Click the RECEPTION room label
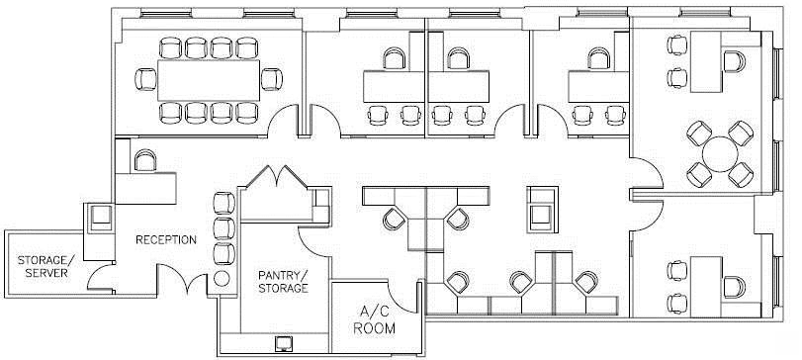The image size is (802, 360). (x=166, y=239)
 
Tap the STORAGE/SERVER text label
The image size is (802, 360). (x=46, y=266)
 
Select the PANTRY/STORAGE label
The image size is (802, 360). (x=283, y=282)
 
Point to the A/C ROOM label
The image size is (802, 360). (x=374, y=319)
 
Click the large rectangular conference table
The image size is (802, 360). (x=209, y=80)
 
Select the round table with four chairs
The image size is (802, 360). (x=720, y=154)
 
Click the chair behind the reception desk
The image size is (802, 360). (x=145, y=160)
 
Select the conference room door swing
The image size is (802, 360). (x=283, y=121)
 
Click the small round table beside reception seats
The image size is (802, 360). (x=222, y=279)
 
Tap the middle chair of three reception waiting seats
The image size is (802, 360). (x=224, y=228)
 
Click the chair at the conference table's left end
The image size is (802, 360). (x=145, y=80)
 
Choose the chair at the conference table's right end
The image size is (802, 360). (x=272, y=80)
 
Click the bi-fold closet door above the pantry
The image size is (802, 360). (x=276, y=175)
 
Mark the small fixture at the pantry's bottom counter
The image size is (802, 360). (x=283, y=344)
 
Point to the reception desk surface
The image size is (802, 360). (x=145, y=188)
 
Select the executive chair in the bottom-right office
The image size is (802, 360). (x=735, y=288)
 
